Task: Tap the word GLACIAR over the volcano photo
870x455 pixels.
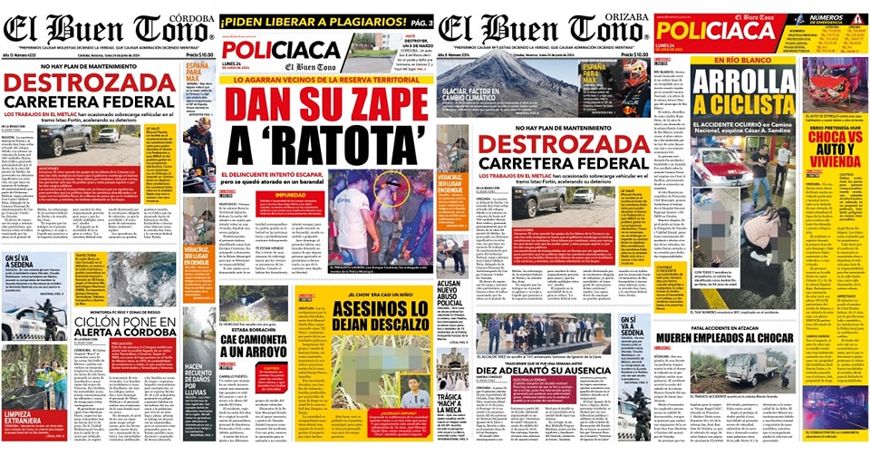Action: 459,92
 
